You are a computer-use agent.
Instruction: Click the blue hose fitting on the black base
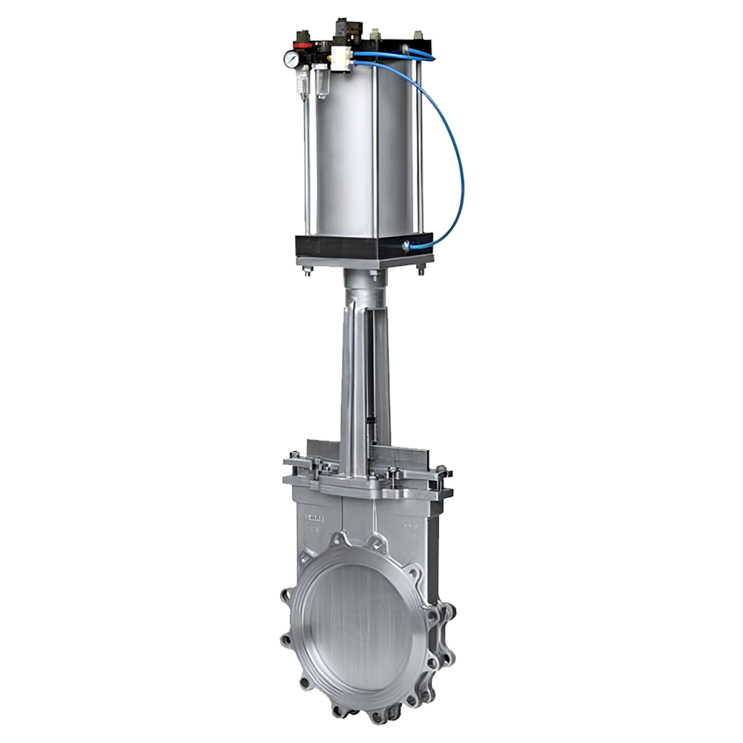click(x=407, y=244)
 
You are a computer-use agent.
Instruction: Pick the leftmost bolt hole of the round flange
click(x=288, y=638)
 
